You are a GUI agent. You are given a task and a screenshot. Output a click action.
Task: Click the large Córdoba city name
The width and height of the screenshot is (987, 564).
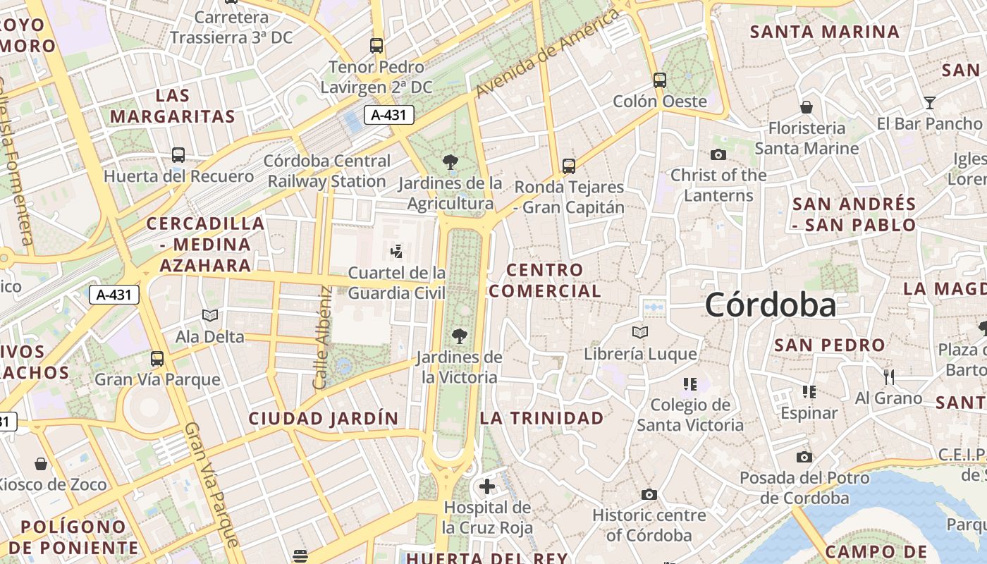[x=771, y=305]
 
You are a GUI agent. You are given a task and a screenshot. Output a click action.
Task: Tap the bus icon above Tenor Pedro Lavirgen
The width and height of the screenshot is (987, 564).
[x=376, y=46]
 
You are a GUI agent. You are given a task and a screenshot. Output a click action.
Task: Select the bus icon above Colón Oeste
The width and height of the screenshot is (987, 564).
[x=660, y=80]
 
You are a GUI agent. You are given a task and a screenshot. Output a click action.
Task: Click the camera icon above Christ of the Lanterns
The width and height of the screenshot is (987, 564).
[x=718, y=155]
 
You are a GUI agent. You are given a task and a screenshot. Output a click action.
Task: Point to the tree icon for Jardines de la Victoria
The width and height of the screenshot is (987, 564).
[x=460, y=336]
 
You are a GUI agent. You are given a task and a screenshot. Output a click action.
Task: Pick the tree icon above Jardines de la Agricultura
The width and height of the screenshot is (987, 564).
[x=450, y=163]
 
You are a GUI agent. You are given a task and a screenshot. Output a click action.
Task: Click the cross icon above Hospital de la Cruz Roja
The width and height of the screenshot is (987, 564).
[x=487, y=486]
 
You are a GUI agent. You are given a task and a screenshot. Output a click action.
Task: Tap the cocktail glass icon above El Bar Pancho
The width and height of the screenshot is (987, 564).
[x=930, y=103]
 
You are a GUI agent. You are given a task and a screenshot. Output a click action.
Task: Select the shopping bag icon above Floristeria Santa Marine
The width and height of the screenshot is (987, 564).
[x=807, y=107]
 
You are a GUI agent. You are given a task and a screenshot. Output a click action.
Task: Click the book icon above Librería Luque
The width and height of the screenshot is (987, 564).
[x=640, y=332]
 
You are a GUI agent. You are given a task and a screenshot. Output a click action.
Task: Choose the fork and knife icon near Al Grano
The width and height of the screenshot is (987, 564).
[x=889, y=377]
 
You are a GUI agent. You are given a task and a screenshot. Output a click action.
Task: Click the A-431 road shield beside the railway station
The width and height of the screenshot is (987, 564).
[x=388, y=115]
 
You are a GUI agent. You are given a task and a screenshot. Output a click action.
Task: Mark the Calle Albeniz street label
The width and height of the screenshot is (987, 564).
[x=322, y=338]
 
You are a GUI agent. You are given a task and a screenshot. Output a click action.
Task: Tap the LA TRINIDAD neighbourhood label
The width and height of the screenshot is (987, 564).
[x=542, y=418]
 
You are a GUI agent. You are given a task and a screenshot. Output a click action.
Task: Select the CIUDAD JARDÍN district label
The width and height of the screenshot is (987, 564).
[x=324, y=418]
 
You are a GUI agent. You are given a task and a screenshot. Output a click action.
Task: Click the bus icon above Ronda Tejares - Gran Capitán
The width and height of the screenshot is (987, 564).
[x=569, y=166]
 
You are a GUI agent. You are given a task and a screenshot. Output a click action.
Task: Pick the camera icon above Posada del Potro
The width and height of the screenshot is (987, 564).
[x=804, y=457]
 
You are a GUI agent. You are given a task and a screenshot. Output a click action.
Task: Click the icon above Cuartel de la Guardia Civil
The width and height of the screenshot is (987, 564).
[x=397, y=251]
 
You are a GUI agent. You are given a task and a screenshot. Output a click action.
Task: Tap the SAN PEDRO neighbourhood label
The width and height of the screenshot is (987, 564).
[x=830, y=345]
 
